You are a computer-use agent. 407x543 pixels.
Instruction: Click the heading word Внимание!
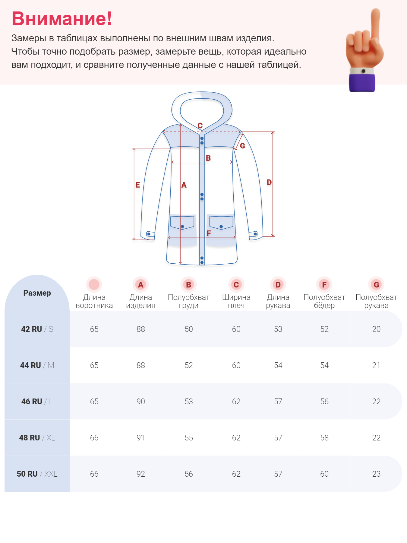pos(62,19)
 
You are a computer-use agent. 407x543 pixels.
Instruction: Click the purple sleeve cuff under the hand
pos(362,82)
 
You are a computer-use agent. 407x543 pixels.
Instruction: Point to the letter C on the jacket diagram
pos(200,125)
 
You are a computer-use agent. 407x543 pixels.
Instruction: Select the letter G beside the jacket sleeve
pos(242,146)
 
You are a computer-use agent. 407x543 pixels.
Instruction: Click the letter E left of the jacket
pos(138,185)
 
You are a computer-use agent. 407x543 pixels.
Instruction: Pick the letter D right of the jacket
pos(269,182)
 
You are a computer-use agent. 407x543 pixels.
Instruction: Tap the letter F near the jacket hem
pos(209,233)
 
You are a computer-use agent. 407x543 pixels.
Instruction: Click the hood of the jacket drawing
pos(202,109)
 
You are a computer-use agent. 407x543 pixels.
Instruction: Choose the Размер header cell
pos(37,293)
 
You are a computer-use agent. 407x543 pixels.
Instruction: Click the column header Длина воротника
pos(94,301)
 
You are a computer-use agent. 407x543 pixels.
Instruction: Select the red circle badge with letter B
pos(188,284)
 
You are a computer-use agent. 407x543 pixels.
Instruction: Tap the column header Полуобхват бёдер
pos(324,301)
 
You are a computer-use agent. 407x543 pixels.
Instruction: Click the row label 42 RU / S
pos(37,329)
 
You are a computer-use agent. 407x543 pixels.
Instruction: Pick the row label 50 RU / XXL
pos(37,474)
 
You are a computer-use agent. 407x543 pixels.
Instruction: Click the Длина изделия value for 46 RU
pos(140,402)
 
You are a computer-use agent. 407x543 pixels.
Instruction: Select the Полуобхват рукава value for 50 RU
pos(376,474)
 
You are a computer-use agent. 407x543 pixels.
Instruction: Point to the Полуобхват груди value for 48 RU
pos(189,438)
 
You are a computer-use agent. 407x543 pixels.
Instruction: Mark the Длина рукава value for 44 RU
pos(278,365)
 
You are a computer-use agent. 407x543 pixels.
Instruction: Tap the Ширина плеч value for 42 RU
pos(236,329)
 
